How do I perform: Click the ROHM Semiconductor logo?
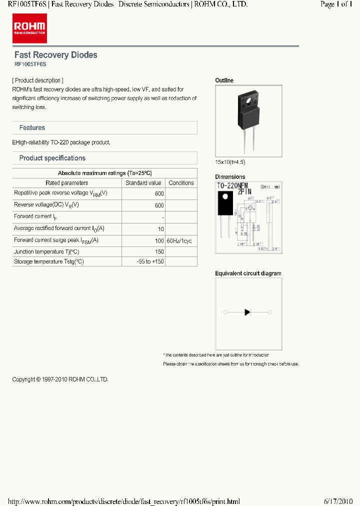coord(30,28)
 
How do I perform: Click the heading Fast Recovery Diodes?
coord(55,55)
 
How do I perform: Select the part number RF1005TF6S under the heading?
coord(30,64)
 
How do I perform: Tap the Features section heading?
coord(32,128)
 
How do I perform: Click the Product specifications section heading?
coord(52,158)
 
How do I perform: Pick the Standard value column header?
coord(143,183)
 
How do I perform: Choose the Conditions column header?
coord(181,183)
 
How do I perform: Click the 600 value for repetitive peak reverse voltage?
coord(159,194)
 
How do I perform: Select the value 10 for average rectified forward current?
coord(160,229)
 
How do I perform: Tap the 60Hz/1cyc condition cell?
coord(179,241)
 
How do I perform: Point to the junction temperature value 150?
coord(159,252)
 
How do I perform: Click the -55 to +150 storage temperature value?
coord(150,261)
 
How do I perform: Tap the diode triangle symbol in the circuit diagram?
coord(247,312)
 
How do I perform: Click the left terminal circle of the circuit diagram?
coord(225,312)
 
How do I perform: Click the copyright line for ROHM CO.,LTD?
coord(60,379)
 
